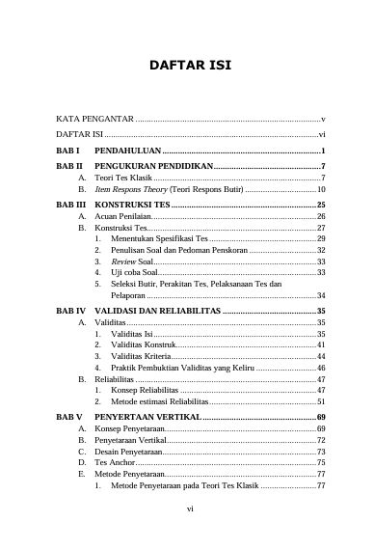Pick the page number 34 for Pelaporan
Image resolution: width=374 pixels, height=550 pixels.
[x=321, y=295]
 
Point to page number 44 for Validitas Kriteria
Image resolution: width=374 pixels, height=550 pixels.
[x=321, y=357]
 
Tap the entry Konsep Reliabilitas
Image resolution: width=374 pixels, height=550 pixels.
[x=147, y=390]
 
